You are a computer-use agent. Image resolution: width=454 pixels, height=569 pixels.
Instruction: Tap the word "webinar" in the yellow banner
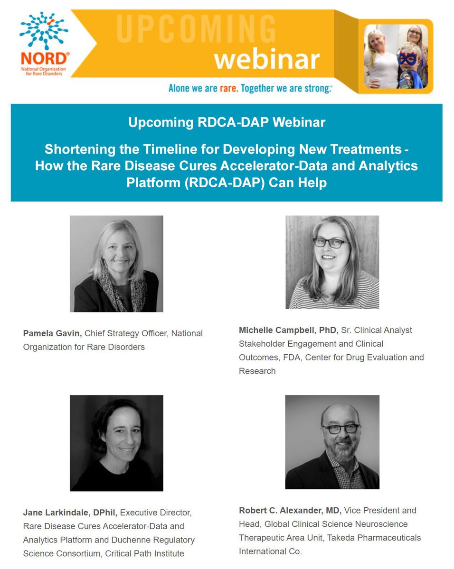266,59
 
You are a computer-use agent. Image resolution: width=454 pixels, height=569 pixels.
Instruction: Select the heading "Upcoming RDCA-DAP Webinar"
227,122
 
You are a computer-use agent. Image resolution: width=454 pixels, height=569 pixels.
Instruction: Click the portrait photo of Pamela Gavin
116,264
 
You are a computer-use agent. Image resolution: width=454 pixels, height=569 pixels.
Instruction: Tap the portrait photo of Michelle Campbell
332,262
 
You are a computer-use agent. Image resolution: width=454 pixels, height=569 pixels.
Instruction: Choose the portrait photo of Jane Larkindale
116,443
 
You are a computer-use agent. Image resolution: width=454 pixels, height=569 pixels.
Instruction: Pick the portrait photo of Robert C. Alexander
332,441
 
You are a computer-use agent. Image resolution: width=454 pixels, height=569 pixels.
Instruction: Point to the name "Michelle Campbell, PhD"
288,330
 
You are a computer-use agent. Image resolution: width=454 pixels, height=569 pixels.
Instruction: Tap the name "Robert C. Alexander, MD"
290,510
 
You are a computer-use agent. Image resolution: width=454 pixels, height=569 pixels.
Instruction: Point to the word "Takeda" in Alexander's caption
366,538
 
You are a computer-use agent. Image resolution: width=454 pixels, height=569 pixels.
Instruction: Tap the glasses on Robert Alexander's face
340,428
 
